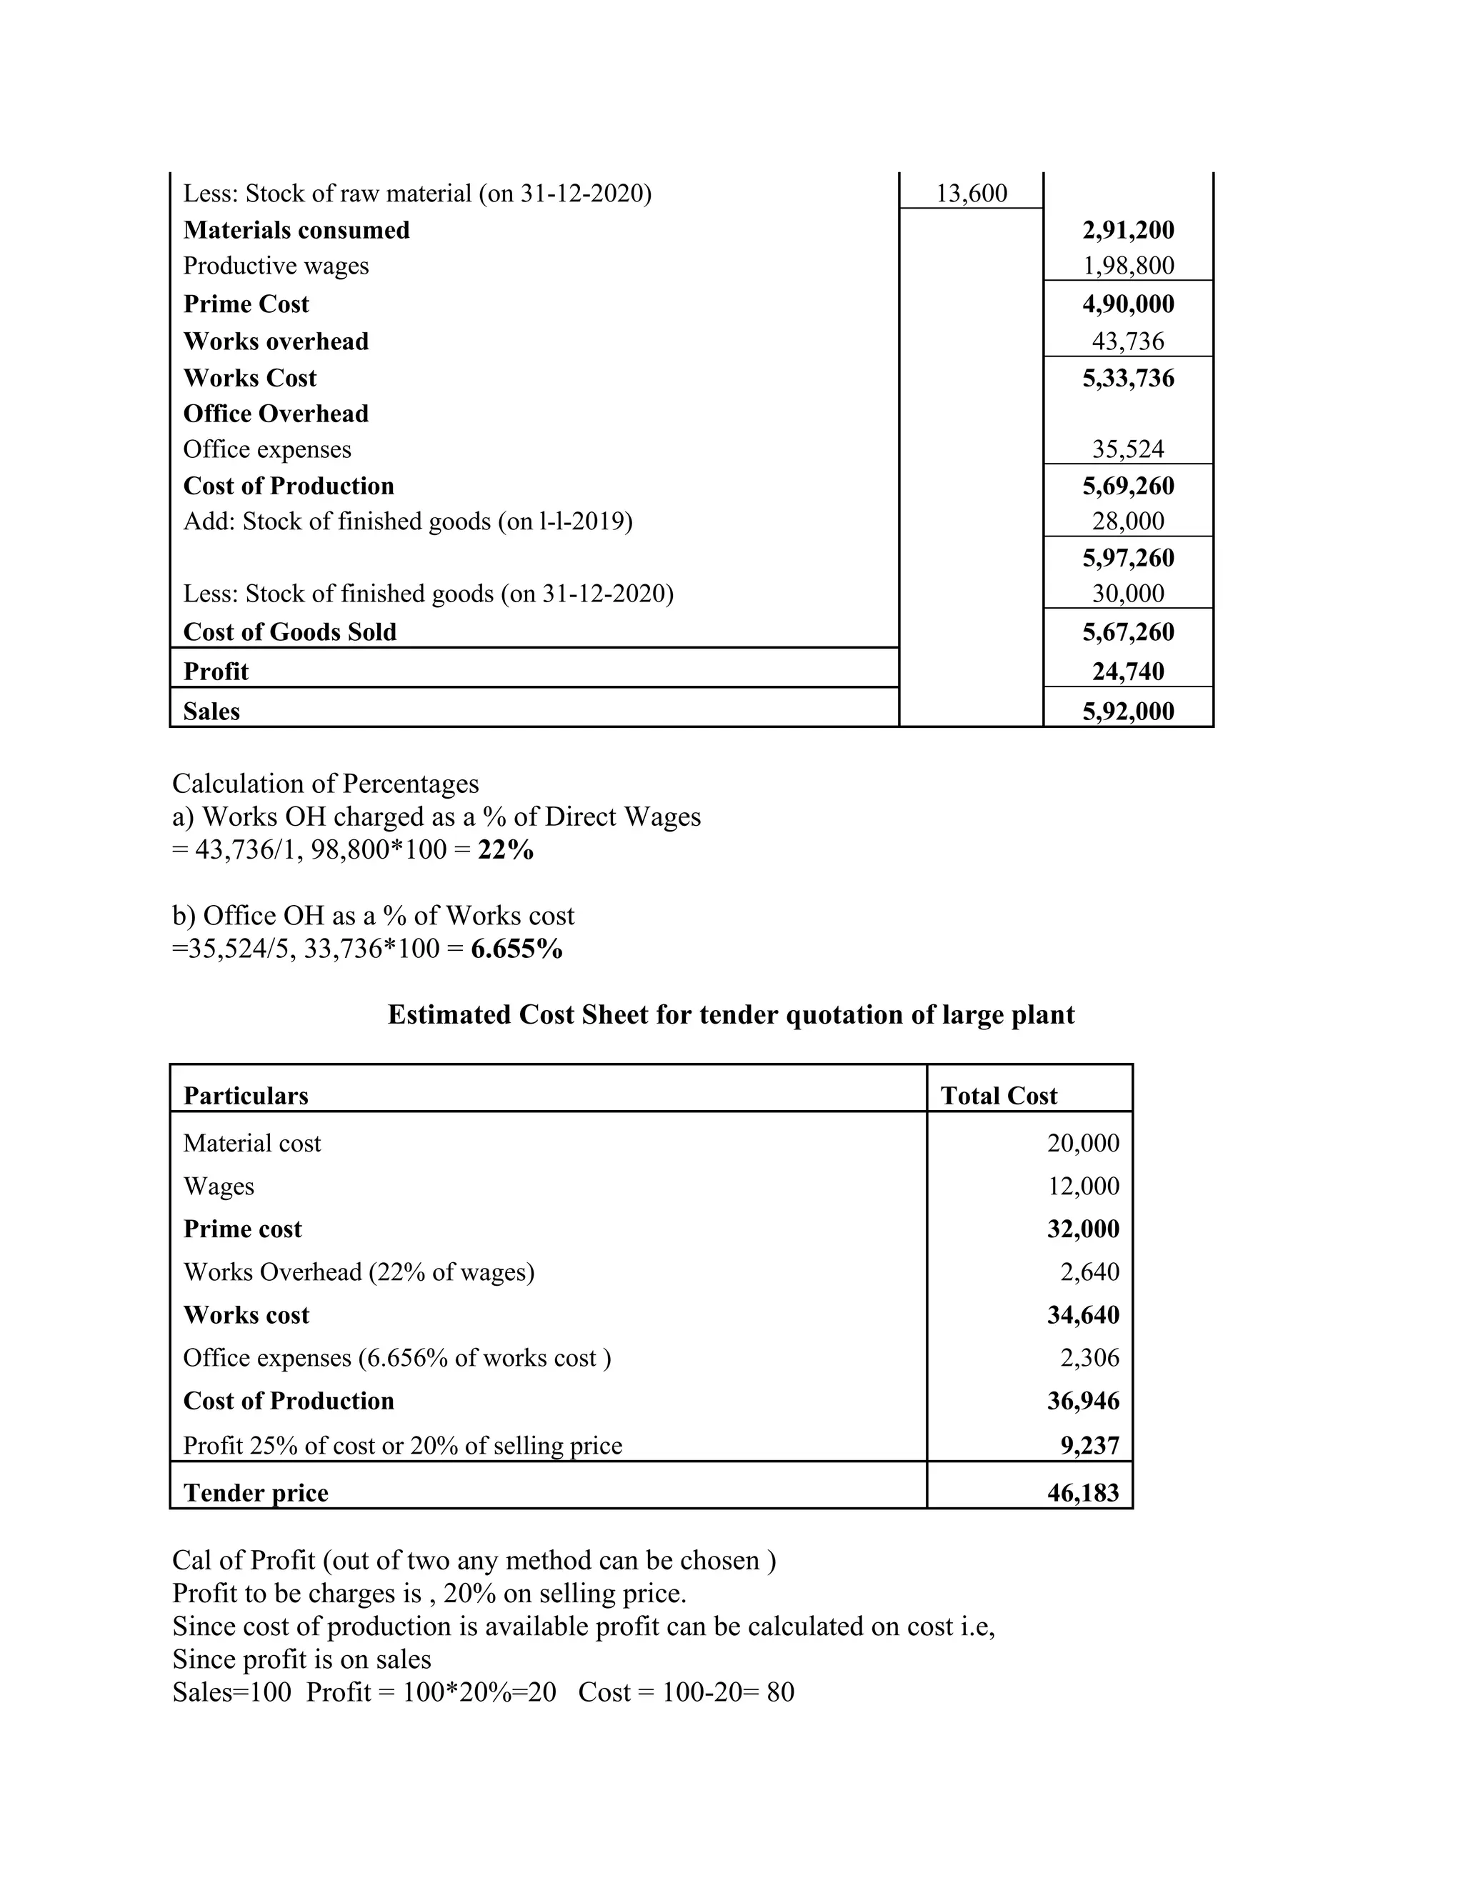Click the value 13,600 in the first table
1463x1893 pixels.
(972, 194)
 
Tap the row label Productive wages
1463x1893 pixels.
(276, 266)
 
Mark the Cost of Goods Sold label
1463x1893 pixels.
(289, 632)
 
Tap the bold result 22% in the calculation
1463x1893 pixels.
(505, 850)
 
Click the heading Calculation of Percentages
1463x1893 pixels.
(325, 784)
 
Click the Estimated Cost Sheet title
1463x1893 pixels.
(731, 1015)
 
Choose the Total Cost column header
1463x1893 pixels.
(999, 1096)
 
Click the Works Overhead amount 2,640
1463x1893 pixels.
(1089, 1272)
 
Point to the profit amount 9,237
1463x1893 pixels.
(1089, 1446)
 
